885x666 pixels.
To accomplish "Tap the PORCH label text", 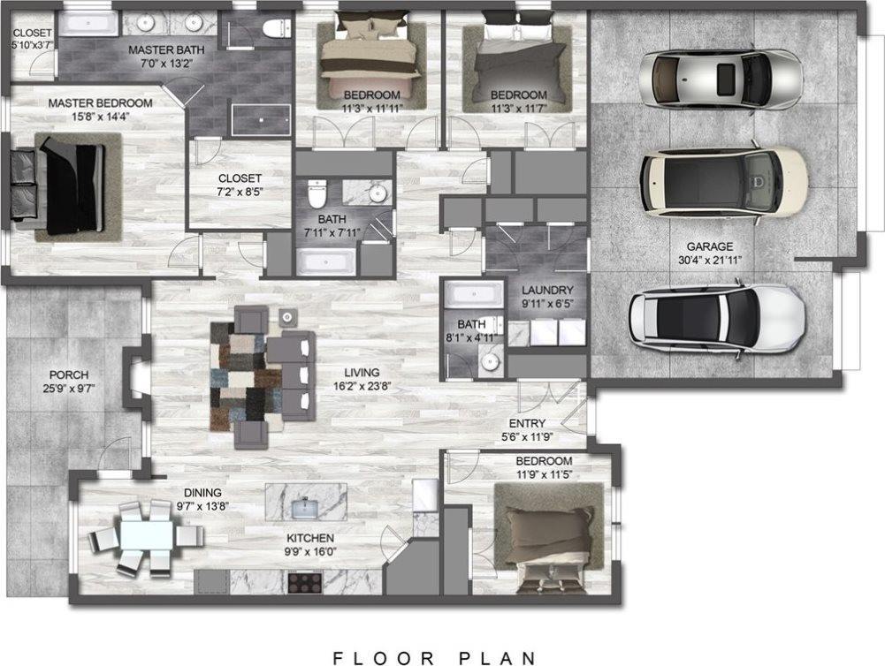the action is (69, 375).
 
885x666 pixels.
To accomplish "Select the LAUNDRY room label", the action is (547, 290).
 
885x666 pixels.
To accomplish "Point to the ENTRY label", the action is (527, 423).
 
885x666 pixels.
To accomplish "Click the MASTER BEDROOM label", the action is (100, 103).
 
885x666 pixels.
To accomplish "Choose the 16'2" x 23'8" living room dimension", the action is (362, 386).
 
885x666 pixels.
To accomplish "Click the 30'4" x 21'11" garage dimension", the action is (709, 260).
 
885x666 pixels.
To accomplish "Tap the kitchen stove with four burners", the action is (305, 582).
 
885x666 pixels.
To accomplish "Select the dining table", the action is (147, 536).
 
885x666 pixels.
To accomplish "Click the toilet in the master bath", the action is (277, 26).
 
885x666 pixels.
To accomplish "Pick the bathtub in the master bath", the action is (88, 24).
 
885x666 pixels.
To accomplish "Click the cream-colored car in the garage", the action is (724, 182).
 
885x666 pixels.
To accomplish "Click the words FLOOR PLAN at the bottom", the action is (434, 657).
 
